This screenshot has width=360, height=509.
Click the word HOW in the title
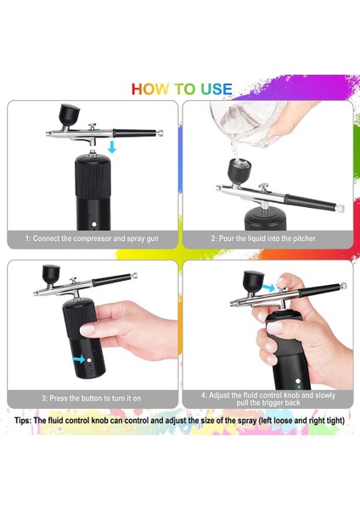click(x=152, y=89)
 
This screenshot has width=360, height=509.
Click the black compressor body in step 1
click(x=91, y=191)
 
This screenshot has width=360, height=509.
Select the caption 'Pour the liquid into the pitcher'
click(x=263, y=238)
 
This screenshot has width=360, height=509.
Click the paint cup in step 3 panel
click(x=47, y=275)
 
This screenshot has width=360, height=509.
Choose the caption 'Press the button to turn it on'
click(x=92, y=397)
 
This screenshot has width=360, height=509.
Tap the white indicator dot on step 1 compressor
click(x=91, y=223)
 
